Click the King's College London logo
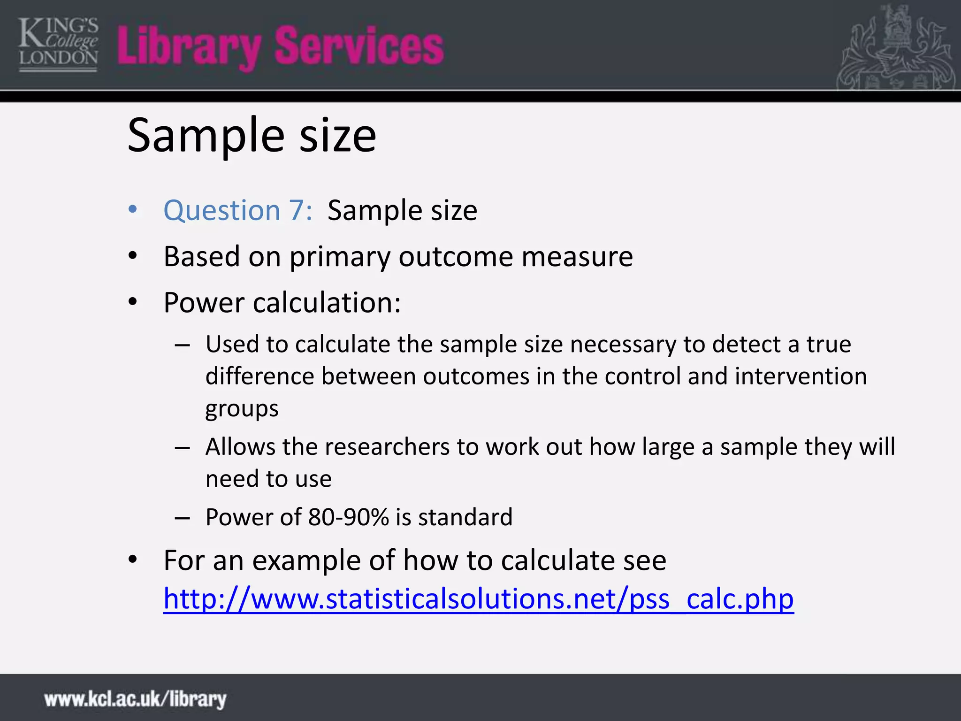tap(58, 45)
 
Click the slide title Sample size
tap(252, 136)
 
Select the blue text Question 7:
tap(238, 210)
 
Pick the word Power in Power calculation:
tap(204, 303)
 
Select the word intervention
tap(801, 376)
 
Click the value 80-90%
tap(348, 517)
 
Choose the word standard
tap(465, 517)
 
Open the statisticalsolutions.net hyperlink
tap(478, 599)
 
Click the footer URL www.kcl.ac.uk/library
tap(135, 699)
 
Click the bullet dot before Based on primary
tap(133, 256)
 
